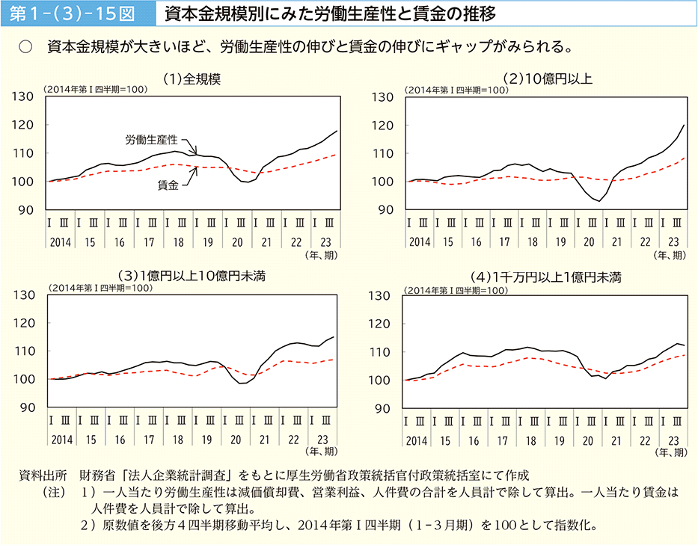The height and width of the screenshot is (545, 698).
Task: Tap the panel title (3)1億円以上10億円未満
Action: click(x=191, y=277)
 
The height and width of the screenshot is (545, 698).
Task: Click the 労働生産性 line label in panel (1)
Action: click(x=151, y=140)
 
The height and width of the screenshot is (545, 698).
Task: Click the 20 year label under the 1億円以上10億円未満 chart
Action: click(x=237, y=439)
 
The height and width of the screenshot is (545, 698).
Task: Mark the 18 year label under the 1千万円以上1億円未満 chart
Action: click(x=533, y=439)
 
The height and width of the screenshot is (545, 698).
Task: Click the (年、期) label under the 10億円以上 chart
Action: click(x=669, y=256)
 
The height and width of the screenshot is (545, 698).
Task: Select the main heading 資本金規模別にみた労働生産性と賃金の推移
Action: click(x=330, y=14)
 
